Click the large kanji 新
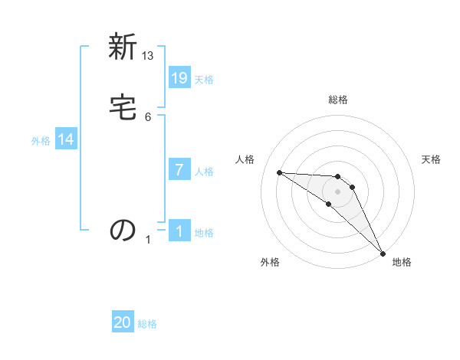[123, 48]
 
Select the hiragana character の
[123, 230]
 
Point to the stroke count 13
[148, 56]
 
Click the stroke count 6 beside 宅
[148, 116]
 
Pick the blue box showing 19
[179, 77]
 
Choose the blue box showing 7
[179, 169]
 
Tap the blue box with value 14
[66, 139]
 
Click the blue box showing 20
[123, 322]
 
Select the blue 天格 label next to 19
[204, 79]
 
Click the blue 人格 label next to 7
[204, 171]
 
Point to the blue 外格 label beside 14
[41, 141]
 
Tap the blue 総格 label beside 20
[147, 324]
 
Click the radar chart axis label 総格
[338, 100]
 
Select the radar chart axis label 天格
[431, 159]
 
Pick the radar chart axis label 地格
[402, 262]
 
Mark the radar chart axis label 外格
[270, 262]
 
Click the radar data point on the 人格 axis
[279, 172]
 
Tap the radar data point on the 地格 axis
[382, 252]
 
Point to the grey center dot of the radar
[337, 191]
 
